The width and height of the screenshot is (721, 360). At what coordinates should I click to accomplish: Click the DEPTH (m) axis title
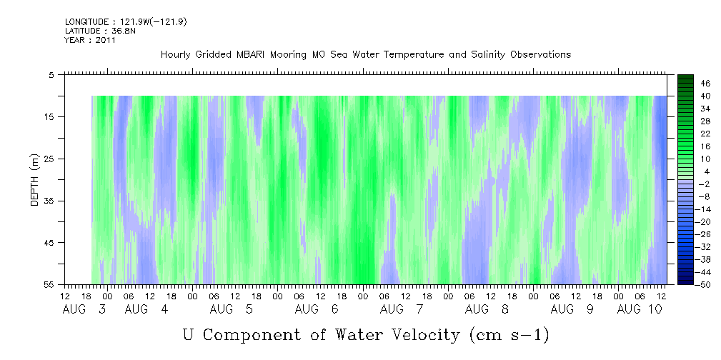click(36, 180)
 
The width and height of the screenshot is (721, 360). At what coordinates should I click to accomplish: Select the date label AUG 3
click(84, 309)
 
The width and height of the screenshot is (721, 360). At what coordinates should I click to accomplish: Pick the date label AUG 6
click(317, 309)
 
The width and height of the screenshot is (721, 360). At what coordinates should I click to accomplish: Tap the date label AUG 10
click(640, 309)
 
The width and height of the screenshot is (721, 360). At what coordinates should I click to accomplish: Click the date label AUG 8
click(487, 309)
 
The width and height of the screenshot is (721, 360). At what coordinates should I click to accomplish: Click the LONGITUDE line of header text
click(126, 22)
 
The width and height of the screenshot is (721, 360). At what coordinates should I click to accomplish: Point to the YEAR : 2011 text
click(90, 40)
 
